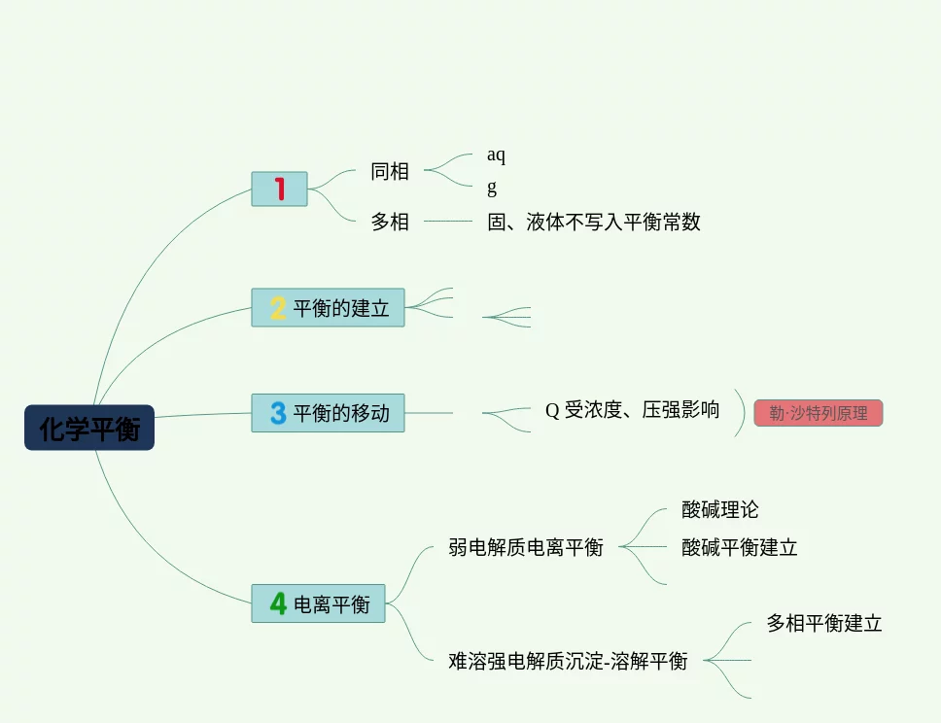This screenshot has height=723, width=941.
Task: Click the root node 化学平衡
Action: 89,428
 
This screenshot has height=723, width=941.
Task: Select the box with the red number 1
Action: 279,189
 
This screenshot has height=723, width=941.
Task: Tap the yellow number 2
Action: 278,308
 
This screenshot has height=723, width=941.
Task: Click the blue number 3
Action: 278,413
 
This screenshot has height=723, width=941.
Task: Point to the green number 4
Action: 278,603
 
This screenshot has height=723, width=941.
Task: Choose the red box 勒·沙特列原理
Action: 818,413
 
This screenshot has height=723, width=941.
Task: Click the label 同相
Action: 390,172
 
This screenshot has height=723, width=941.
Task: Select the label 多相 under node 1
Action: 390,222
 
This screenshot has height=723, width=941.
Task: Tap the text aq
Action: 496,155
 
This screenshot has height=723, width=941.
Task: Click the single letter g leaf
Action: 492,188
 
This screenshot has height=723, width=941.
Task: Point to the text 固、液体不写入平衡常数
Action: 594,222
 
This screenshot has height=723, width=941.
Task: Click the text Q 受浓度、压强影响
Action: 632,410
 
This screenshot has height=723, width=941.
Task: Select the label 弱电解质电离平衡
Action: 526,547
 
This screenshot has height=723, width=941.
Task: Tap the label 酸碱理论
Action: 720,510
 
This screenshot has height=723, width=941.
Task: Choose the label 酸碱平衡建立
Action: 740,547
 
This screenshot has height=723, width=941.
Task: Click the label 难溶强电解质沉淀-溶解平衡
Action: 568,661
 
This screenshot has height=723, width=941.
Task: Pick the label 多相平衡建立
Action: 824,624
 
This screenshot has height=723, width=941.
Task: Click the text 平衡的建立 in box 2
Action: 341,308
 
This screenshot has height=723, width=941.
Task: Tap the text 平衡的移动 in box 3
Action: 341,413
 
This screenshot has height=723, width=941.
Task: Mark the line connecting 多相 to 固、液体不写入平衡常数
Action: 448,222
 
